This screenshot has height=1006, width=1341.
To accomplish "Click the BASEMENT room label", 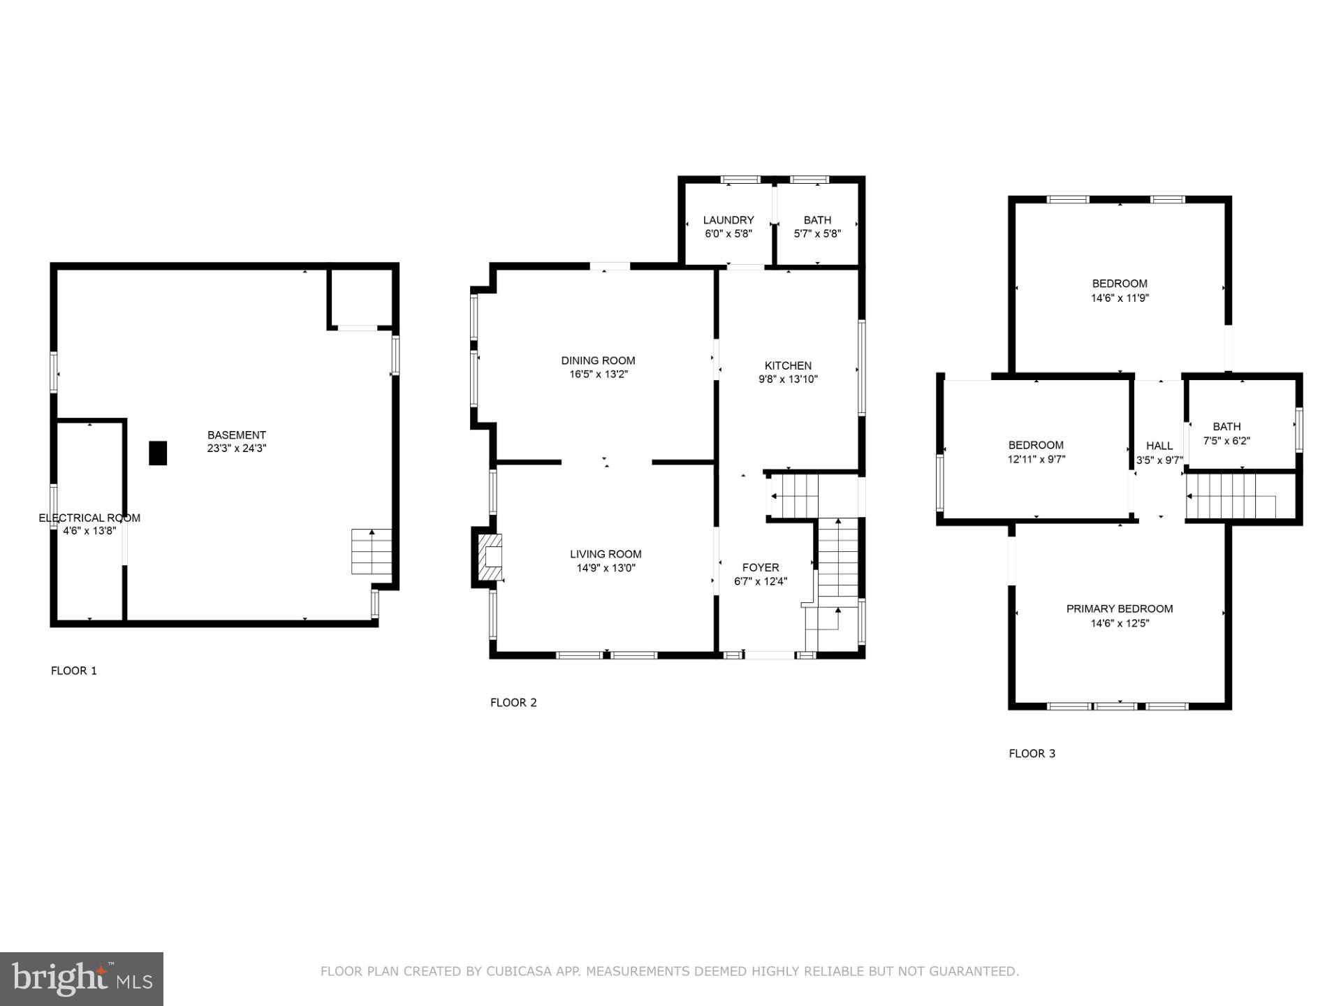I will tap(236, 435).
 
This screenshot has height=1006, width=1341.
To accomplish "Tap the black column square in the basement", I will tap(158, 453).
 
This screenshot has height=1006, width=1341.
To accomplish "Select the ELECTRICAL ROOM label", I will tap(89, 518).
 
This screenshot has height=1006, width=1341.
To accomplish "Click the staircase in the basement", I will tap(371, 552).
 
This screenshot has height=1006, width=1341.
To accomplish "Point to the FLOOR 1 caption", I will tap(74, 671).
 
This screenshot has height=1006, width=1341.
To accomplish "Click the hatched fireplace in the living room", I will tap(490, 557).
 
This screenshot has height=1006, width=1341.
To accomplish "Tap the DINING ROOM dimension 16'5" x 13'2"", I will tap(599, 374).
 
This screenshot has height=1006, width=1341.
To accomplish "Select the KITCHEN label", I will tap(788, 365).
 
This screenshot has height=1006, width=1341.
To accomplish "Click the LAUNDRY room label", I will tap(728, 220).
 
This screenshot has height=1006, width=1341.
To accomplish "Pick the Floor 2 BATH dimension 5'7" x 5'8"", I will tap(817, 234).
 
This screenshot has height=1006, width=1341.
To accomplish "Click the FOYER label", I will tap(761, 567).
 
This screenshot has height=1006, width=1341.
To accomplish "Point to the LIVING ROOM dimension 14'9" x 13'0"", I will tap(606, 568).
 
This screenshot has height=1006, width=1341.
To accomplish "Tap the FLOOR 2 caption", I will tap(513, 703).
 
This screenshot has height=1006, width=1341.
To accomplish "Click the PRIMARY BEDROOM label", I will tap(1119, 609).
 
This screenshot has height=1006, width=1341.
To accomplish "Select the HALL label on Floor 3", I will tap(1159, 446).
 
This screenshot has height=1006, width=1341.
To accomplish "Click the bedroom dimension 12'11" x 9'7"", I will tap(1036, 460).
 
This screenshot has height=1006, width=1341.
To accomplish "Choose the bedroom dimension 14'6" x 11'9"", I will tap(1120, 298).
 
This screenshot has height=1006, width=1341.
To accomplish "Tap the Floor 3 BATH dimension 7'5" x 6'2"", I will tap(1226, 441).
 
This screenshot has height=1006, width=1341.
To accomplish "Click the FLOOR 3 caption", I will tap(1032, 753).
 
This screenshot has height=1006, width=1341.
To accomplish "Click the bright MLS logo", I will tap(82, 979).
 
